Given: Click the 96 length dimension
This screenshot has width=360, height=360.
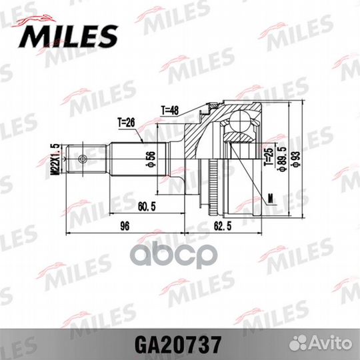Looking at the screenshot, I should (x=123, y=227).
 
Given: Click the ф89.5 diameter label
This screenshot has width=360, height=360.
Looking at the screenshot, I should (x=281, y=160).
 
